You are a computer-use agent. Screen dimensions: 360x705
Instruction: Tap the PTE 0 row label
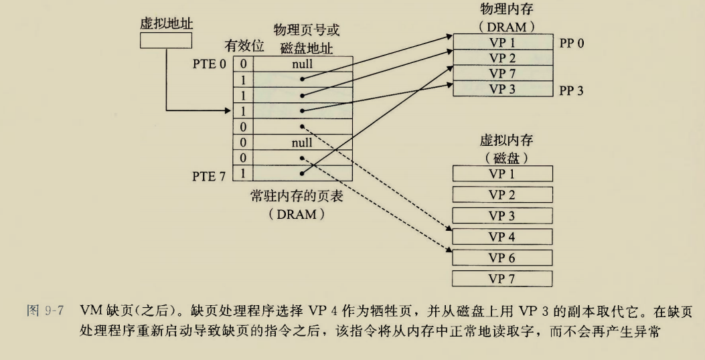(213, 64)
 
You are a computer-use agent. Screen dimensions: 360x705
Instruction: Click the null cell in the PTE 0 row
(302, 64)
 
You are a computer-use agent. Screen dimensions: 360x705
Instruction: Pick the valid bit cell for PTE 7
(243, 173)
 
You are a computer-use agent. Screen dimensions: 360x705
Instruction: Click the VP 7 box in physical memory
(501, 73)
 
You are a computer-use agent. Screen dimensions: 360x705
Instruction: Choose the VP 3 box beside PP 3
(501, 88)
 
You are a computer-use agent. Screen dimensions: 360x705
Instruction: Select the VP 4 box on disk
(503, 237)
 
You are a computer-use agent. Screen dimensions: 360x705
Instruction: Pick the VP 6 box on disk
(503, 258)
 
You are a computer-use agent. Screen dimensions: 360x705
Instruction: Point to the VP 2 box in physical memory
(501, 58)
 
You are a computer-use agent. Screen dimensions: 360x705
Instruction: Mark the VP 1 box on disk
(503, 175)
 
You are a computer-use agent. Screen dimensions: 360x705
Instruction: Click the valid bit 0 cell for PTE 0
(243, 64)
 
